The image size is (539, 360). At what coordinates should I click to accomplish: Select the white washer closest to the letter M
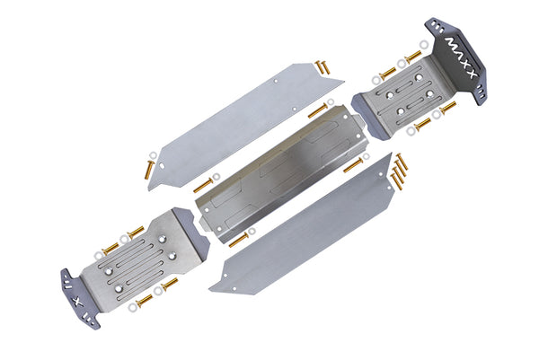click(x=424, y=44)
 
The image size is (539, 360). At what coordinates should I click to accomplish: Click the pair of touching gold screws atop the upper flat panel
click(x=322, y=67)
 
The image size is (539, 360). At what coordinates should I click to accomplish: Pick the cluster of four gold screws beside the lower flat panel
click(x=398, y=171)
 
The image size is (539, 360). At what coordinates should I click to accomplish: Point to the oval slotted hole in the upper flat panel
click(x=161, y=166)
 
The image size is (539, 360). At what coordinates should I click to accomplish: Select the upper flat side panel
click(x=245, y=127)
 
